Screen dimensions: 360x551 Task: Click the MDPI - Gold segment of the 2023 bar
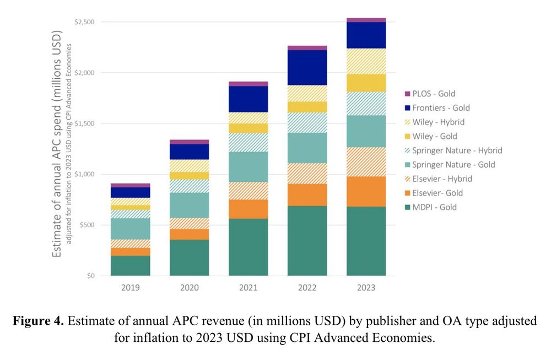tap(366, 241)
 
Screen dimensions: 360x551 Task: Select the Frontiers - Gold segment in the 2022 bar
tap(307, 68)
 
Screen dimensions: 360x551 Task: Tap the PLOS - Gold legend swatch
tap(408, 94)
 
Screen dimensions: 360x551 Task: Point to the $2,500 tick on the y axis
tap(84, 22)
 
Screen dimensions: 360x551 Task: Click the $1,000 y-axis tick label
tap(84, 174)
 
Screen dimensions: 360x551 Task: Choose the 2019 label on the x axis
tap(131, 288)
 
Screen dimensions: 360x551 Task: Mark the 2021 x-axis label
tap(248, 288)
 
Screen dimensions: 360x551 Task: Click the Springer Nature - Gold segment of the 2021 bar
tap(248, 166)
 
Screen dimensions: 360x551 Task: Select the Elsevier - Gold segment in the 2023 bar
tap(366, 191)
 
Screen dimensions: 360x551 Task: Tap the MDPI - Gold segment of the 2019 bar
tap(131, 265)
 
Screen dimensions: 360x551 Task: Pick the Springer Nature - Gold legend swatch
tap(408, 165)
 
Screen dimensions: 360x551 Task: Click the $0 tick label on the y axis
tap(90, 276)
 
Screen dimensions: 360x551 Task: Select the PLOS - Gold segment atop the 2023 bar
tap(366, 20)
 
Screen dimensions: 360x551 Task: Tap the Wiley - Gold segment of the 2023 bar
tap(366, 83)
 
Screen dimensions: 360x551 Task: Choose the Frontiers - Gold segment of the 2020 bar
tap(189, 152)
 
